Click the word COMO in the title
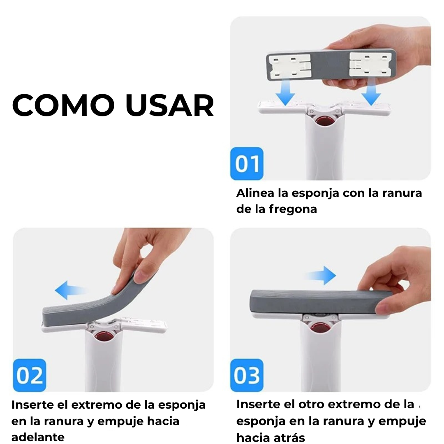point(63,105)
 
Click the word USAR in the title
point(170,105)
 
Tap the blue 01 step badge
point(247,163)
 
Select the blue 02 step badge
point(30,375)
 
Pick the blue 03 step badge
point(247,375)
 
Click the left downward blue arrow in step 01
point(285,92)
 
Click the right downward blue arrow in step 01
point(371,92)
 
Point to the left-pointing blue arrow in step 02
point(71,290)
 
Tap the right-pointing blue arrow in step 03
point(321,275)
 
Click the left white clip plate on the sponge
point(290,67)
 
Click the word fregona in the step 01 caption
point(293,209)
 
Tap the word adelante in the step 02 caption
point(38,437)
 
